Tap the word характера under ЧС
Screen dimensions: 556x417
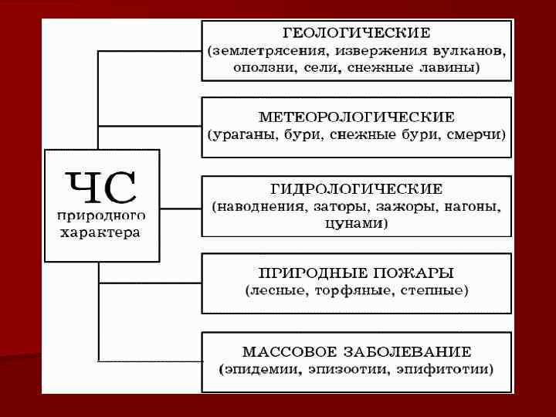(101, 232)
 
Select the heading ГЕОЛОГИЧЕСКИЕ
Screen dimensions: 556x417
(356, 34)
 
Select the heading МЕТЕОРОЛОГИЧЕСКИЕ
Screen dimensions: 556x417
(356, 117)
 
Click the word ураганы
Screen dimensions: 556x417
(240, 134)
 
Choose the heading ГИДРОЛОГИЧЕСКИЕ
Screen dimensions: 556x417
(356, 189)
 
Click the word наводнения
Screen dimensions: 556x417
(261, 207)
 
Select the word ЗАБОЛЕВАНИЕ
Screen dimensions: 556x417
(415, 351)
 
